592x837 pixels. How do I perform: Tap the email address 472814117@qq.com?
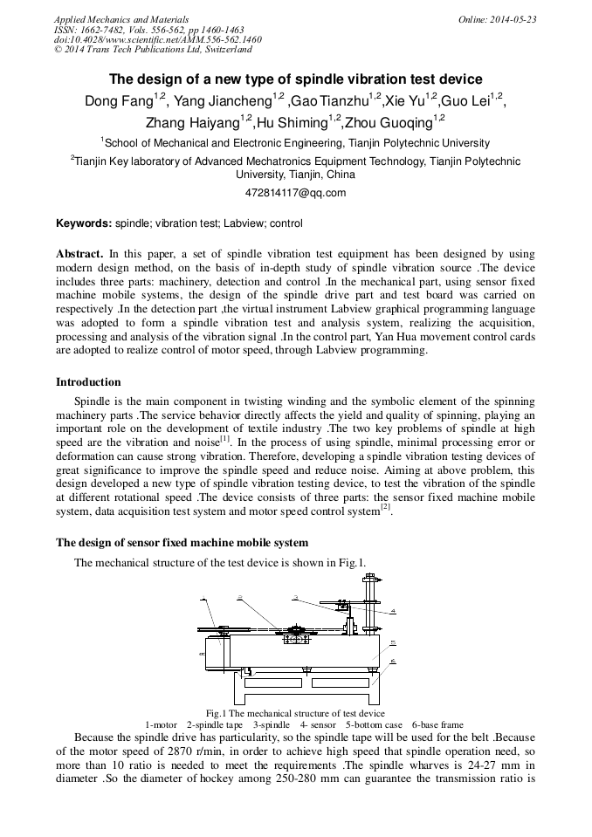pyautogui.click(x=296, y=193)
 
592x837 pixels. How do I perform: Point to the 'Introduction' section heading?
pyautogui.click(x=88, y=382)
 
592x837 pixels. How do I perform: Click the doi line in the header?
pyautogui.click(x=157, y=39)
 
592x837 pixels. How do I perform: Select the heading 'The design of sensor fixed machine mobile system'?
pyautogui.click(x=182, y=542)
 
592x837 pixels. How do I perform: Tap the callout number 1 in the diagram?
pyautogui.click(x=203, y=599)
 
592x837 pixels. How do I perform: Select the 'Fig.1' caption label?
pyautogui.click(x=217, y=713)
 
